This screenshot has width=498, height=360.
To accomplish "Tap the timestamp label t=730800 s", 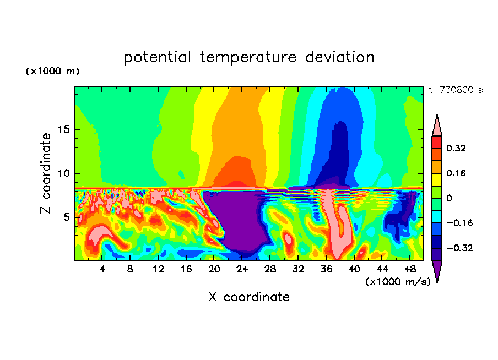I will click(455, 90).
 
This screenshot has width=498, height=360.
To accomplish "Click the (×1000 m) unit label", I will click(52, 72).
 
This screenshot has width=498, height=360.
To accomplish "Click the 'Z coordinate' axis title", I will click(46, 173).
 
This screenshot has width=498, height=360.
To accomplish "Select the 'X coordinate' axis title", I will click(248, 297).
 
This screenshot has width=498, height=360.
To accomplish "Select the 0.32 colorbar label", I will click(457, 148).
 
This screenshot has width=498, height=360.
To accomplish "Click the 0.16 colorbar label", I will click(457, 173).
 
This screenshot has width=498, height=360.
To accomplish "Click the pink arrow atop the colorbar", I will click(437, 125).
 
